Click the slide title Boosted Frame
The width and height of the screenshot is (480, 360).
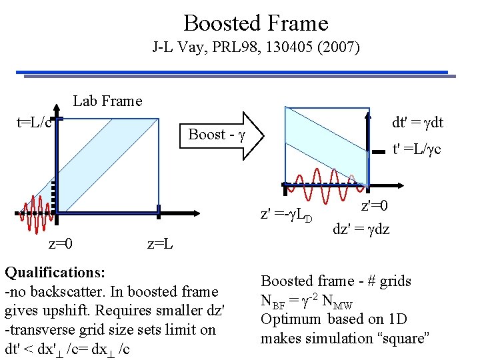256,23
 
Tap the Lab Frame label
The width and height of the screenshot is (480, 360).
107,101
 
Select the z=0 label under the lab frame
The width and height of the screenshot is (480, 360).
61,243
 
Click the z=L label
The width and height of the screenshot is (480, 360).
160,243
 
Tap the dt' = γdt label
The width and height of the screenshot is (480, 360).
418,123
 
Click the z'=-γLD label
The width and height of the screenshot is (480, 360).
287,215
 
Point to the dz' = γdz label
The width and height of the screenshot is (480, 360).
362,229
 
